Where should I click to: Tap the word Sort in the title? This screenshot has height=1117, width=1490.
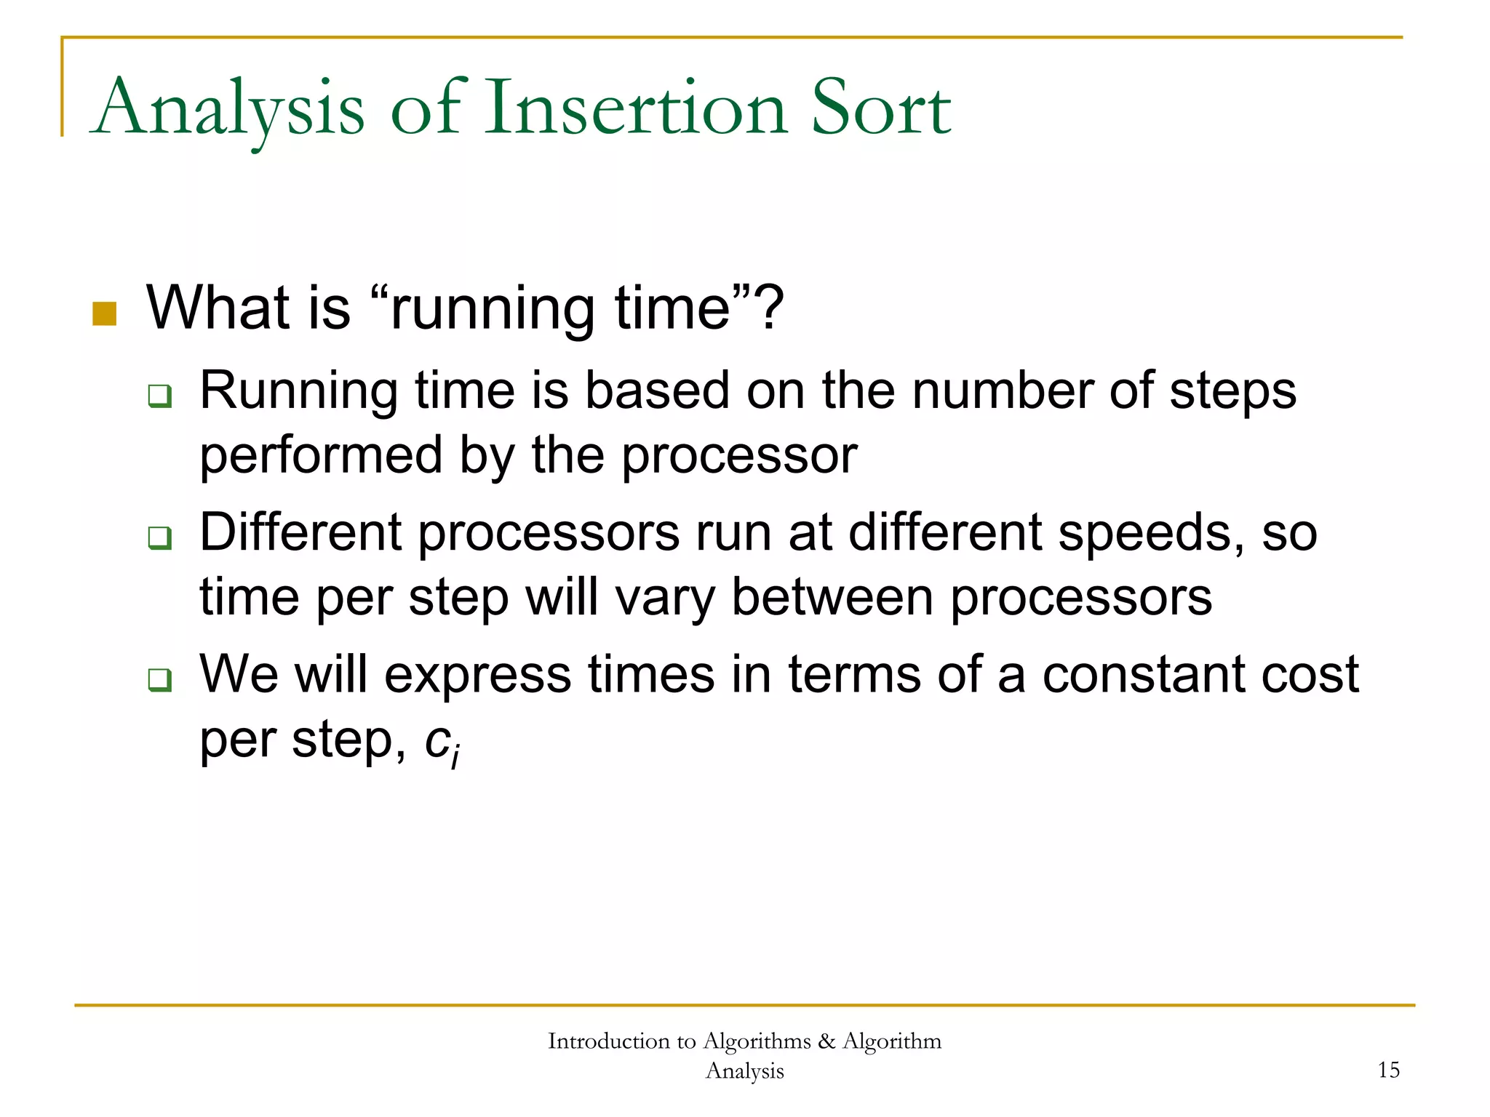coord(880,109)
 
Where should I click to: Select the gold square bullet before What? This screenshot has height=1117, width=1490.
coord(105,314)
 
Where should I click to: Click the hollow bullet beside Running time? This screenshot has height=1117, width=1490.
coord(159,396)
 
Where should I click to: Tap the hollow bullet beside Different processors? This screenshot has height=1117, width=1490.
coord(159,538)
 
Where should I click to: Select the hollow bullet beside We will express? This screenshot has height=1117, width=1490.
coord(159,680)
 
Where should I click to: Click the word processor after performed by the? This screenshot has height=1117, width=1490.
coord(739,457)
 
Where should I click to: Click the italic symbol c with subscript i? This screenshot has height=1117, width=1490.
coord(440,743)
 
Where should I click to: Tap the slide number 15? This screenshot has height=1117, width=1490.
coord(1388,1070)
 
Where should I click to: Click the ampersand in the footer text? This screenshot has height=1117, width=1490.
coord(826,1041)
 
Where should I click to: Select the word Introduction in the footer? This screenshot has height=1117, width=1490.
coord(608,1041)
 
